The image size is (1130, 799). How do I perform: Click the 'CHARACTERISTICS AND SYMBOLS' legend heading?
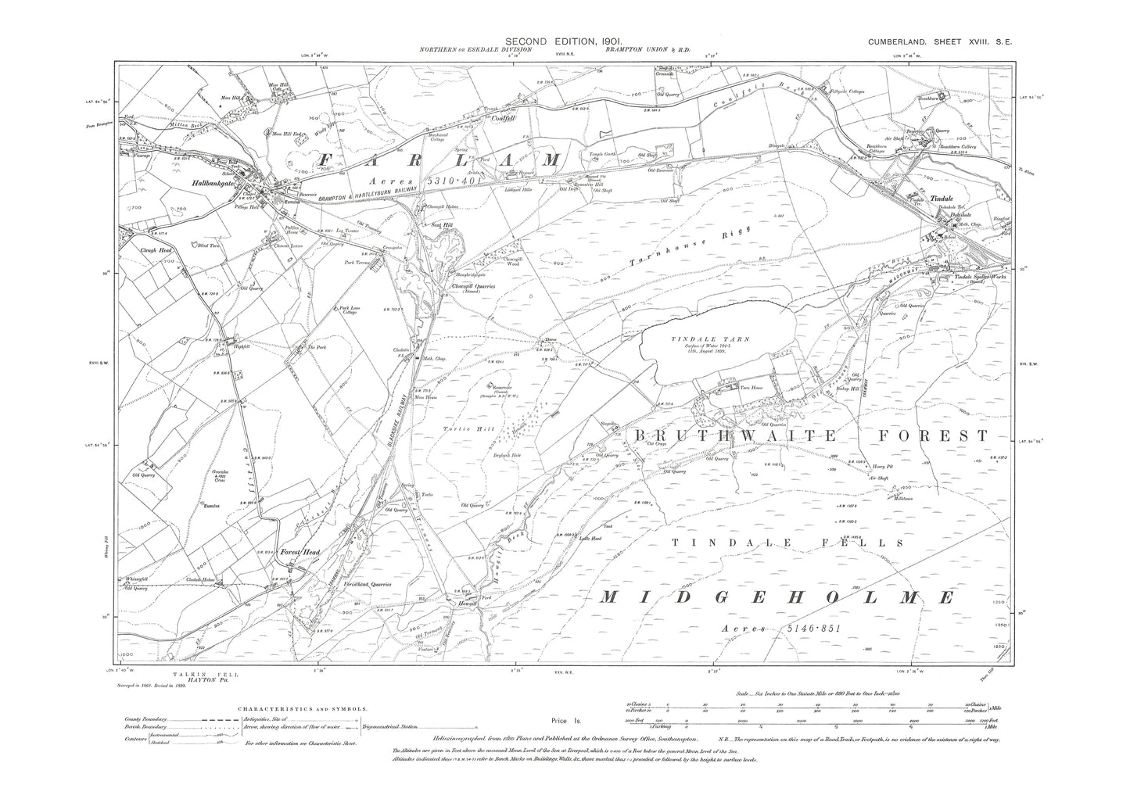coord(302,708)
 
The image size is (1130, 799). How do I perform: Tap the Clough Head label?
coord(156,250)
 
